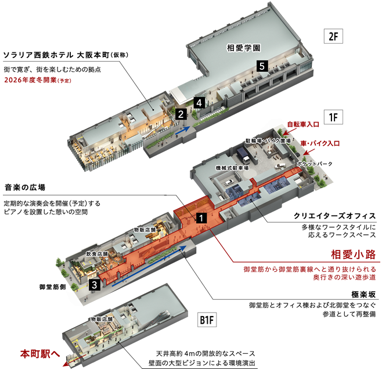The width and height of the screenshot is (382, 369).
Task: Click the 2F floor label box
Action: (x=333, y=37)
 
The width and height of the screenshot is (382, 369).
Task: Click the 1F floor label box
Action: (x=333, y=117)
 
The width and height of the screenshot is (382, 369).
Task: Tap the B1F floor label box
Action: (x=207, y=320)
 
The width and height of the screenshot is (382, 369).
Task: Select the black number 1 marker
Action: (x=201, y=218)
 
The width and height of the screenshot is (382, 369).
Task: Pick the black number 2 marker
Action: (x=181, y=114)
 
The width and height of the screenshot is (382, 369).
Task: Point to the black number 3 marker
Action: (x=94, y=285)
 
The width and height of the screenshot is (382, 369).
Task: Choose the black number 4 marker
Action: (x=199, y=103)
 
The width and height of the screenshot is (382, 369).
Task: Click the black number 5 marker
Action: (x=262, y=66)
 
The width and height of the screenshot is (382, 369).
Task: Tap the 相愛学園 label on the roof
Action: (x=244, y=48)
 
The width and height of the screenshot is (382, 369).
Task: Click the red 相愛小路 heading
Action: (x=353, y=255)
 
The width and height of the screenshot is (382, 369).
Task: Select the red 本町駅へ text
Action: (x=40, y=354)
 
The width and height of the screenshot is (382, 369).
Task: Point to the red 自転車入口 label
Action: (x=303, y=124)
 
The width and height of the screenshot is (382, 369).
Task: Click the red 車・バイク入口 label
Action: (x=320, y=144)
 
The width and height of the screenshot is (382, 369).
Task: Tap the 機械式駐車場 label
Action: (x=232, y=168)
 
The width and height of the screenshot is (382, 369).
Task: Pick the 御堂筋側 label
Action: (x=53, y=287)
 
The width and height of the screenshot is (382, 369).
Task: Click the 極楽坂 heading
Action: (x=363, y=295)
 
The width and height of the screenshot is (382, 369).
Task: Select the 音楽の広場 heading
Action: (x=25, y=187)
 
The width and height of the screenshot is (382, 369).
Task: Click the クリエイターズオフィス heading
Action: (x=335, y=216)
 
